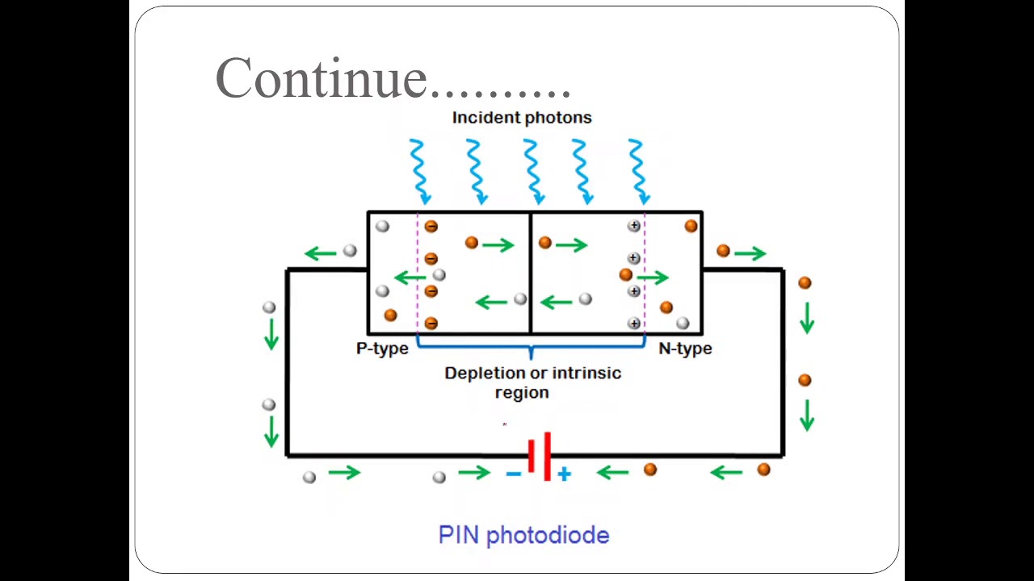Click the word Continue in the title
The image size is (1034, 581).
(321, 78)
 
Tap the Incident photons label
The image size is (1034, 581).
(521, 118)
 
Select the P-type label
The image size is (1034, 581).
(382, 349)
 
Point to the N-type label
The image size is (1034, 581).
(685, 349)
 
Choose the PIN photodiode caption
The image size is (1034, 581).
(523, 535)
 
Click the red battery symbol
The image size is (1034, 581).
(540, 457)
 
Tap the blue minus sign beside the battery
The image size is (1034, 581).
(513, 474)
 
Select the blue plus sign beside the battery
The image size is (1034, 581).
(564, 474)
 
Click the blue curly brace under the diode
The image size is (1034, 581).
(531, 348)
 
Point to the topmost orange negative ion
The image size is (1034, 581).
(431, 227)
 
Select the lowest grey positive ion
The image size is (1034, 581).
(634, 324)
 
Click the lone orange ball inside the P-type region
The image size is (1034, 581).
(390, 316)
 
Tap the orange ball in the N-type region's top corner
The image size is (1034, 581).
(691, 227)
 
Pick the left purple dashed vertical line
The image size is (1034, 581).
(418, 274)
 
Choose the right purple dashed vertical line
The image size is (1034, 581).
(645, 274)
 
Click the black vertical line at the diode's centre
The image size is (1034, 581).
(530, 274)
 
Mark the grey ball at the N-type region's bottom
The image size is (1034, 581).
(683, 324)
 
